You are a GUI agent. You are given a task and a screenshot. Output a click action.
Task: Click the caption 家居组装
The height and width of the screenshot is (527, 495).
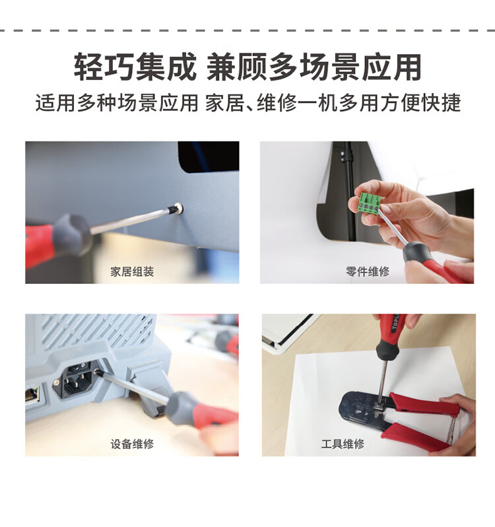pos(132,271)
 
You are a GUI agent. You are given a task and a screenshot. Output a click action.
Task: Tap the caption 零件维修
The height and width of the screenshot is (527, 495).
pos(368,271)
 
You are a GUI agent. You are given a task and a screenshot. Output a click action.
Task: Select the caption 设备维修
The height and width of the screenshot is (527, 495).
pos(132,444)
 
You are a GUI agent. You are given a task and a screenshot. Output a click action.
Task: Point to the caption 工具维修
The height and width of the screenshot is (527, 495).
pos(343,444)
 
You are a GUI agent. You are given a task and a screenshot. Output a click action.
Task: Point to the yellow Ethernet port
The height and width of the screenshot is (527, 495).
pos(32,394)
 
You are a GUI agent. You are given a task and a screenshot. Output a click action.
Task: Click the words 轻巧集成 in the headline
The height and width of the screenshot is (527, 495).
pos(135,67)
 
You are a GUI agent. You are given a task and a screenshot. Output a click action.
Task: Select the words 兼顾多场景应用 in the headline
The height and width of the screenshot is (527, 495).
pos(314,67)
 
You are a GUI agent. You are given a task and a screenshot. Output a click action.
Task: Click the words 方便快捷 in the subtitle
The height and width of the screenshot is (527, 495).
pos(420,103)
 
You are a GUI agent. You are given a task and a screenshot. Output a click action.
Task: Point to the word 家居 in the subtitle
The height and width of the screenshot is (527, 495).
pos(224,103)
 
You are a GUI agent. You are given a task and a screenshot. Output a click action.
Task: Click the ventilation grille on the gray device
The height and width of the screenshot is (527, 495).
pos(94,331)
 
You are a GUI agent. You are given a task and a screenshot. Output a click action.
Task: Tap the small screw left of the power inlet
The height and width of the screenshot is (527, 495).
pos(57,382)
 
